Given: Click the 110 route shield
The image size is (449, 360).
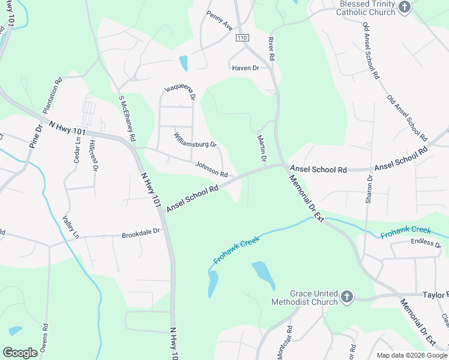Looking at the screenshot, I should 242,38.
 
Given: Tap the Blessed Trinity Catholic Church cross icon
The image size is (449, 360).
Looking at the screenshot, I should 405,7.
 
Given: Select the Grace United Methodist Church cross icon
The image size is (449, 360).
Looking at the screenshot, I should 346,297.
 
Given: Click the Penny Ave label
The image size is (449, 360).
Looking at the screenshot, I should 219,21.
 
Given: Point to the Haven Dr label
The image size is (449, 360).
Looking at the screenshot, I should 246,68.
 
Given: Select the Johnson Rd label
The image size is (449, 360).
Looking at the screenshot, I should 211,170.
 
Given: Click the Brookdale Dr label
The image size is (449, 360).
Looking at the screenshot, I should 141,231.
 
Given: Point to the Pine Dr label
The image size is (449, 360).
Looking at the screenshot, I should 35,137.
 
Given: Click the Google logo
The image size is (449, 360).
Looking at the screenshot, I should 20,353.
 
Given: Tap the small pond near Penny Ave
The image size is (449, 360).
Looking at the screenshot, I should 183,62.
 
